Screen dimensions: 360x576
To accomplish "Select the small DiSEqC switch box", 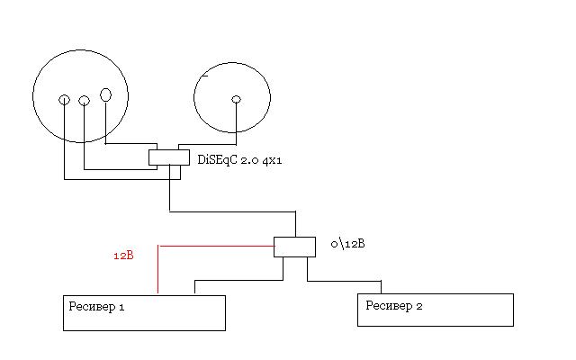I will (168, 157).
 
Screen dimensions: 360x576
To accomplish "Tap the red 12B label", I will (123, 256).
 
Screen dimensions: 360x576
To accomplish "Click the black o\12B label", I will (346, 243).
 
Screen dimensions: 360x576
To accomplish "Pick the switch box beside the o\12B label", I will (294, 247).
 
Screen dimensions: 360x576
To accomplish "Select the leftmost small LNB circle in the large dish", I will (64, 100).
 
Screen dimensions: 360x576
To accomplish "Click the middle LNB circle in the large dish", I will (84, 100).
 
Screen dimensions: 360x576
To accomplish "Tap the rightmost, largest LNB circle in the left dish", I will (105, 94).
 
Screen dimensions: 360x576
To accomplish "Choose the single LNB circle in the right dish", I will (236, 100).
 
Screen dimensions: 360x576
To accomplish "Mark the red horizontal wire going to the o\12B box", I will (216, 245).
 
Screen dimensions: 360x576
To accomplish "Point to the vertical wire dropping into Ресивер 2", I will (382, 287).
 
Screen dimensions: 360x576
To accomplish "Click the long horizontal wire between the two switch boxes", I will (232, 212).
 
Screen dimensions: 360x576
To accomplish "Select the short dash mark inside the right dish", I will (205, 76).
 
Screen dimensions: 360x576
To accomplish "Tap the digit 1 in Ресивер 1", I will (121, 307).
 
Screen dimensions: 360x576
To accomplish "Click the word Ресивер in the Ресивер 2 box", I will (388, 305).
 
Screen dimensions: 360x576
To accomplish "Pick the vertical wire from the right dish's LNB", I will (236, 121).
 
